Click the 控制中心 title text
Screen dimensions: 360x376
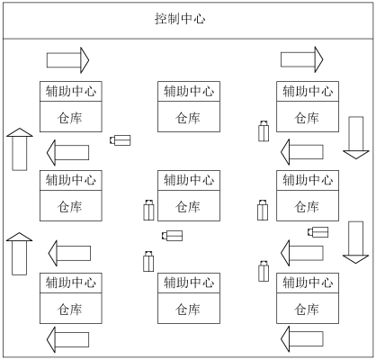tap(187, 19)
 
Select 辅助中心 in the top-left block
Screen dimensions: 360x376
tap(69, 91)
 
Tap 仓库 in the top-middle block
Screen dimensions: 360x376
tap(187, 118)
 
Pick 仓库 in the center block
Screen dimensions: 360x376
tap(187, 206)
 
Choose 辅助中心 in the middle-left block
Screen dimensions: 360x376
tap(69, 180)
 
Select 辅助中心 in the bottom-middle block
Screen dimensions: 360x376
tap(187, 283)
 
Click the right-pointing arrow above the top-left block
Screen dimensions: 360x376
tap(68, 60)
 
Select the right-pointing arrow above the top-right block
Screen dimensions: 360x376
tap(302, 60)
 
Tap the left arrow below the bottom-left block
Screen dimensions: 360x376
tap(67, 339)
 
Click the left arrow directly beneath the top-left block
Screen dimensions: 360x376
tap(67, 150)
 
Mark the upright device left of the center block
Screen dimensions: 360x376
tap(148, 210)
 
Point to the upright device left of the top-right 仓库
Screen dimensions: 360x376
tap(264, 131)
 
